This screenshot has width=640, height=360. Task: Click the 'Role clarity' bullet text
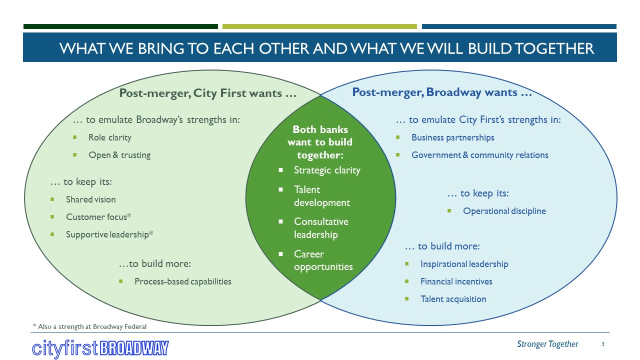pyautogui.click(x=109, y=137)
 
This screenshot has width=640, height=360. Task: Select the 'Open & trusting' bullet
pyautogui.click(x=119, y=155)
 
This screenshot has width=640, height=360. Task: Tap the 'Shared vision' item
pyautogui.click(x=90, y=199)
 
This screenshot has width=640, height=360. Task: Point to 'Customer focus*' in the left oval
pyautogui.click(x=98, y=217)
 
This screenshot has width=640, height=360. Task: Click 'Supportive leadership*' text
pyautogui.click(x=109, y=234)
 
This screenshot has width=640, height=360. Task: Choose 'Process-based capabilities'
pyautogui.click(x=182, y=281)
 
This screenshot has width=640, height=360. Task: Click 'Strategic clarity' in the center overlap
pyautogui.click(x=326, y=170)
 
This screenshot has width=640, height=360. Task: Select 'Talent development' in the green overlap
pyautogui.click(x=321, y=196)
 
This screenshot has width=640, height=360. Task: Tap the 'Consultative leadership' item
pyautogui.click(x=321, y=228)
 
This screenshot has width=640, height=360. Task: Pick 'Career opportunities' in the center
pyautogui.click(x=323, y=260)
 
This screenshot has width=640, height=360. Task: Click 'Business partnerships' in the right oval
pyautogui.click(x=452, y=137)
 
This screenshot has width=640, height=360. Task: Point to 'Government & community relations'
pyautogui.click(x=479, y=155)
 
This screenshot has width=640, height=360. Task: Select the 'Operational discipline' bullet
pyautogui.click(x=504, y=211)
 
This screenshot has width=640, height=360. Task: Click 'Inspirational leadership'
pyautogui.click(x=464, y=264)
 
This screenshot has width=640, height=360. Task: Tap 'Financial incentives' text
pyautogui.click(x=456, y=281)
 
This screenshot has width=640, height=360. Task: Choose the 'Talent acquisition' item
pyautogui.click(x=453, y=299)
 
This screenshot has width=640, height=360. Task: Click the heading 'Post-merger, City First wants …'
pyautogui.click(x=208, y=93)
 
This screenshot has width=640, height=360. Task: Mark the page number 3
pyautogui.click(x=603, y=344)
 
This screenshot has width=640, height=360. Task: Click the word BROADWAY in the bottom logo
pyautogui.click(x=134, y=348)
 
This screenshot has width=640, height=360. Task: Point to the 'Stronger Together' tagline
pyautogui.click(x=547, y=344)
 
